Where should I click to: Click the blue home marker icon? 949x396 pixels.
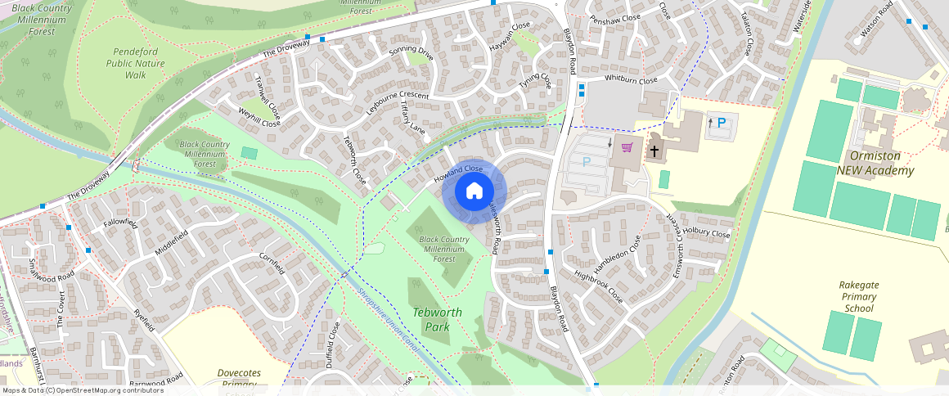[475, 191]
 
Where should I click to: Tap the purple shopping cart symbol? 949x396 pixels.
[627, 147]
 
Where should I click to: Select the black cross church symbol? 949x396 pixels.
[654, 151]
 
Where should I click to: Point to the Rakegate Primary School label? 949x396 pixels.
[858, 296]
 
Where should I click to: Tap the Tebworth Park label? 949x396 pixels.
[437, 319]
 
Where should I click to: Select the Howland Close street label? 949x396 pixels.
[459, 173]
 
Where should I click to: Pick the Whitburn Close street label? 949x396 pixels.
[631, 80]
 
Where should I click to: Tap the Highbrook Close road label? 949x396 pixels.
[598, 287]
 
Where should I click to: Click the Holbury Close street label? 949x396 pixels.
[706, 233]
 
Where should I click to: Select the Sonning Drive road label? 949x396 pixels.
[411, 53]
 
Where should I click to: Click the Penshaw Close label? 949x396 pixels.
[614, 18]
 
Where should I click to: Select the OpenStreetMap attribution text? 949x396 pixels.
[82, 390]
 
